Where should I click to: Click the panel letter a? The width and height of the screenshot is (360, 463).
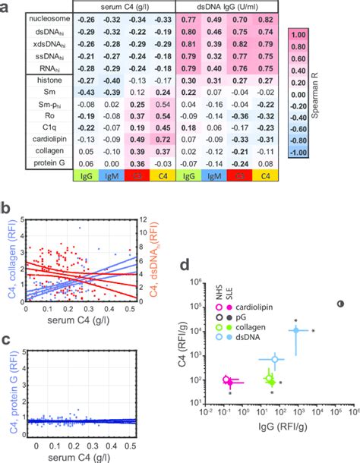click(5, 8)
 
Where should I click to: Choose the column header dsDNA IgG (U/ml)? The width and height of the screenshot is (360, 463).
click(226, 6)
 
